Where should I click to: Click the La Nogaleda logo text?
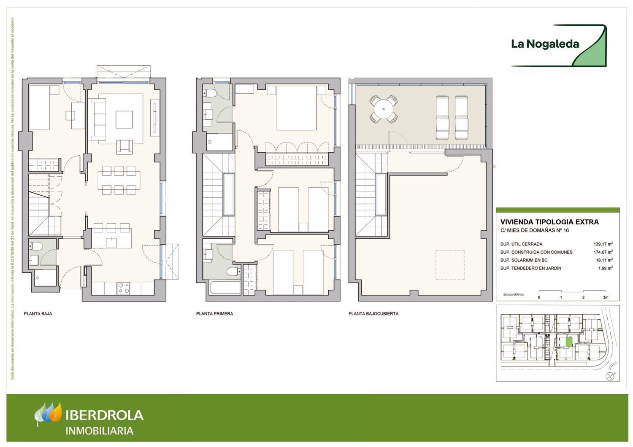pos(545,44)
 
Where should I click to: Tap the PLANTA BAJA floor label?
pos(38,314)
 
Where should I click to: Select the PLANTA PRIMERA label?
pos(214,314)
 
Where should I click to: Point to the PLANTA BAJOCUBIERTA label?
pos(373,314)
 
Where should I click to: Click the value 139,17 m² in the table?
pos(603,244)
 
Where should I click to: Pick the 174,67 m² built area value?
pos(603,252)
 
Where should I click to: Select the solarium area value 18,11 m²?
pos(604,260)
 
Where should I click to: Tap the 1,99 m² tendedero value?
pos(605,268)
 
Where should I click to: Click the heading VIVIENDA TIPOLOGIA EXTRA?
pos(549,222)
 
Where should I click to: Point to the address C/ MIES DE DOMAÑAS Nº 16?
pos(535,230)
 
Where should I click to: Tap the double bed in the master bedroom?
pos(296,108)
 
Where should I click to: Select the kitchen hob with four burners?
pos(124,288)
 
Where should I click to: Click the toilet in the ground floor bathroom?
pos(36,246)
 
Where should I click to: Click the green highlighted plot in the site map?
pos(569,341)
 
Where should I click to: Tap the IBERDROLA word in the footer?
pos(105,415)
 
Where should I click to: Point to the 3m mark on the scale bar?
pos(606,297)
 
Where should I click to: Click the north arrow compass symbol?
pos(610,376)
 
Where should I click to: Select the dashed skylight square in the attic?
pos(450,265)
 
